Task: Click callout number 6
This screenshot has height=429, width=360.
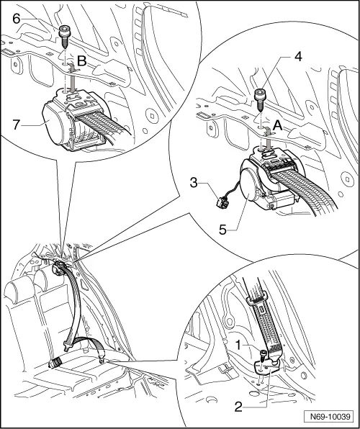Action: coord(17,19)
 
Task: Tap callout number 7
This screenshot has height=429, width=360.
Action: coord(17,125)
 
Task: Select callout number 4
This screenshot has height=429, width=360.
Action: coord(298,57)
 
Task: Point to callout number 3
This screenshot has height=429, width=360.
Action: coord(194,183)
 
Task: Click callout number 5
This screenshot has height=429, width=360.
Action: coord(223,230)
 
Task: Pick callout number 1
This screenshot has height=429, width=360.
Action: coord(238,346)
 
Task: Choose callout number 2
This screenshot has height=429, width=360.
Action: coord(238,407)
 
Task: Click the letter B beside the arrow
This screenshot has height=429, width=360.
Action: coord(82,62)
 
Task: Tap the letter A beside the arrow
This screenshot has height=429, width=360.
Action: coord(278,126)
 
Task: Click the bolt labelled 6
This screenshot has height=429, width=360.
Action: coord(64,37)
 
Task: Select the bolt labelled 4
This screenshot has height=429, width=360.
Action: coord(259,100)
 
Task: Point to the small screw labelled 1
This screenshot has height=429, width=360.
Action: coord(264,356)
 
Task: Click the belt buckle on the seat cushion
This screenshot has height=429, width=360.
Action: coord(55,363)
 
